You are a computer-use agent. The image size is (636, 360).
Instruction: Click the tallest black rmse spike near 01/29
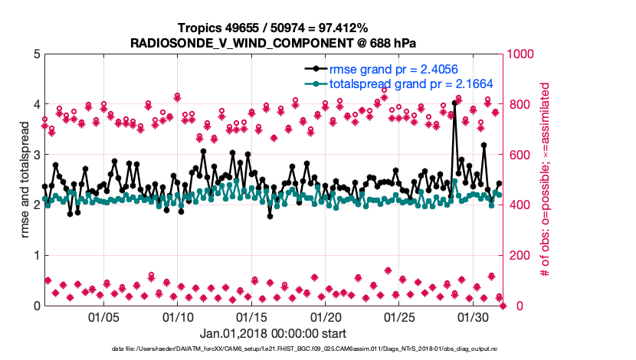(x=454, y=103)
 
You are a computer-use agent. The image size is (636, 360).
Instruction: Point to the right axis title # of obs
(x=546, y=179)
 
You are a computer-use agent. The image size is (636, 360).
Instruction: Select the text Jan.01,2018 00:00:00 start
(x=274, y=334)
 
